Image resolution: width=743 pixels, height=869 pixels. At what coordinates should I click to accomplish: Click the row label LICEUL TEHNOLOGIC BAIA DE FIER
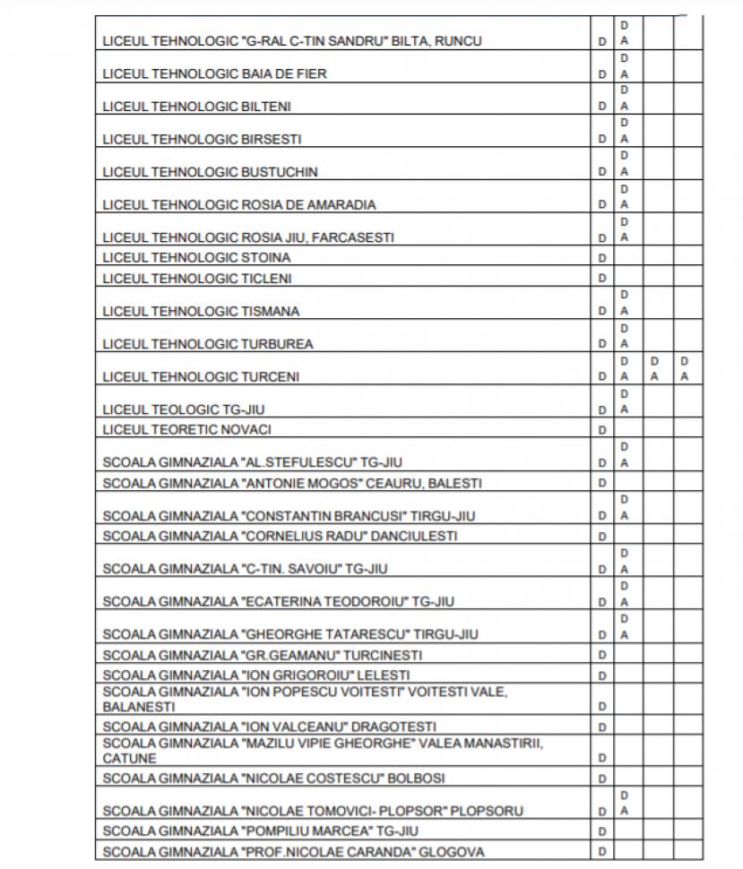pyautogui.click(x=214, y=73)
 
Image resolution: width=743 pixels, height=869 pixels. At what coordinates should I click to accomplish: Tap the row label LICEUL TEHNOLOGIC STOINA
pyautogui.click(x=196, y=258)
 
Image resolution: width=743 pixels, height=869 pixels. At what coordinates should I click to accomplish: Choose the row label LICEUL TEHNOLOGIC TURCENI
pyautogui.click(x=202, y=377)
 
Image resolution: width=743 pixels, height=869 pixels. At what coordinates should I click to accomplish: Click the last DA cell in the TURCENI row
pyautogui.click(x=685, y=369)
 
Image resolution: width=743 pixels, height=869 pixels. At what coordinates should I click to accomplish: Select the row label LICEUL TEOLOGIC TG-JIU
pyautogui.click(x=184, y=409)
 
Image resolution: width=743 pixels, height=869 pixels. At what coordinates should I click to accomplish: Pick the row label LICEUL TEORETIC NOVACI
pyautogui.click(x=186, y=430)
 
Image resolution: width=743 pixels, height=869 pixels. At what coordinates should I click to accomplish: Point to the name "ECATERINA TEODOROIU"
pyautogui.click(x=324, y=601)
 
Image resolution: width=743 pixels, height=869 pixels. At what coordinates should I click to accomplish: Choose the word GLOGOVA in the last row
pyautogui.click(x=452, y=852)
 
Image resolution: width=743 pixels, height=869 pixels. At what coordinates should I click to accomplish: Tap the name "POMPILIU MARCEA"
pyautogui.click(x=307, y=831)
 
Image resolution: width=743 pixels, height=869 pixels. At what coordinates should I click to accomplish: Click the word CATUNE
pyautogui.click(x=130, y=758)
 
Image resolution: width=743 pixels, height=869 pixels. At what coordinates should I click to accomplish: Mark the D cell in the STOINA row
pyautogui.click(x=602, y=258)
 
